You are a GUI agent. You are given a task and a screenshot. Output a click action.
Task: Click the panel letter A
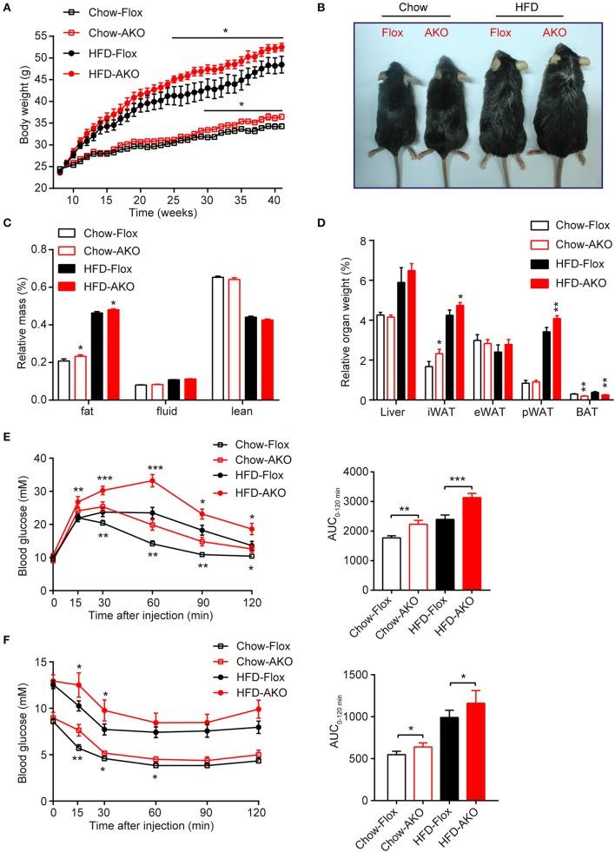[8, 8]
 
